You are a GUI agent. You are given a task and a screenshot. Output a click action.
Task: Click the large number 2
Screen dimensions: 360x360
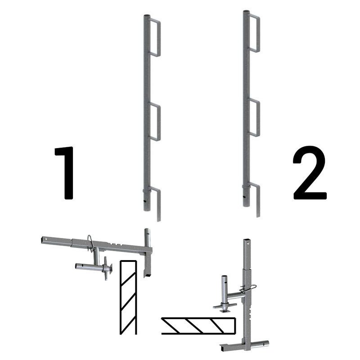[x=310, y=173]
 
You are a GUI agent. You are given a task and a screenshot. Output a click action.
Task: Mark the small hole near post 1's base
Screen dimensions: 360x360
[x=145, y=201]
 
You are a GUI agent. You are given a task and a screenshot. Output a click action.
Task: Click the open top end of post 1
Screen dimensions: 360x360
[x=147, y=16]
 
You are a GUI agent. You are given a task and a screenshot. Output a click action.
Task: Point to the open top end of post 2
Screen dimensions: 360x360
[x=246, y=12]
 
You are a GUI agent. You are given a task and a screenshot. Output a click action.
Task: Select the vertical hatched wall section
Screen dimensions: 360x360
[x=128, y=297]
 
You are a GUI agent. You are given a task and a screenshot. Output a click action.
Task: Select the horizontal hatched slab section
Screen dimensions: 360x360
[x=199, y=326]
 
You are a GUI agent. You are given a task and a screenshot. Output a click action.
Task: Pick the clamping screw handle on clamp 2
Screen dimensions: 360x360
[x=225, y=306]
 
